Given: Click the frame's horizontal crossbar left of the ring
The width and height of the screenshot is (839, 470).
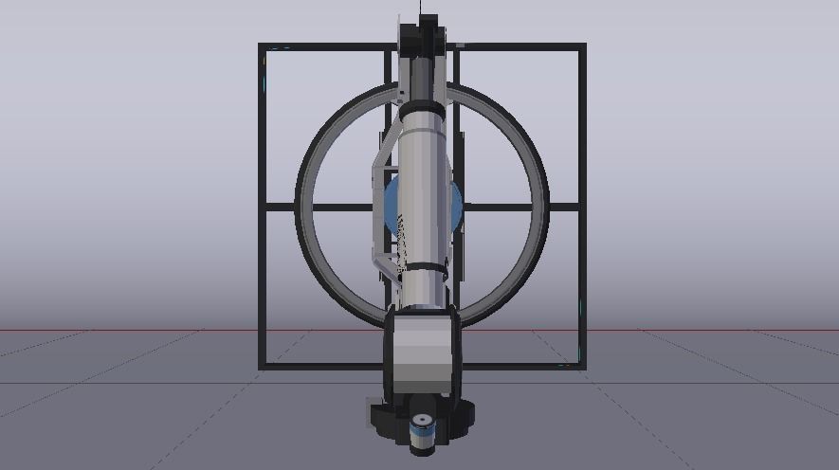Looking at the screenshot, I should coord(281,206).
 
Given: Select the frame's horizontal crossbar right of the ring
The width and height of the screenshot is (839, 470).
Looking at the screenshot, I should coord(564,206).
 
